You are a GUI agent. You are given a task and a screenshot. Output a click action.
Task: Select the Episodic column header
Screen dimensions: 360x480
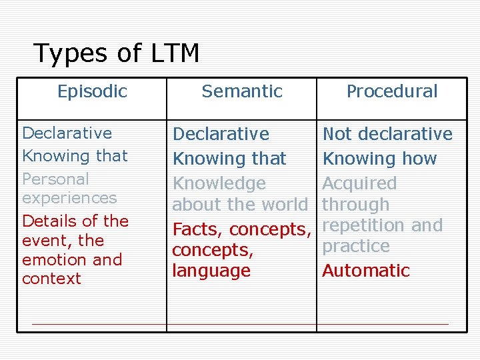coord(92,91)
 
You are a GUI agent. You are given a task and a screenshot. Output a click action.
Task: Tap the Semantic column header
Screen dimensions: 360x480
coord(242,91)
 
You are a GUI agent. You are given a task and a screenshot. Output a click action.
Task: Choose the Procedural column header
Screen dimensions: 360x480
coord(392,91)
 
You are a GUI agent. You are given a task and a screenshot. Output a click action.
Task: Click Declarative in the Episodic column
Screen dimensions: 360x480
coord(67,133)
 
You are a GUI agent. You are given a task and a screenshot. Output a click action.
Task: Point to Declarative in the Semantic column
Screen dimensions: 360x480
coord(221,134)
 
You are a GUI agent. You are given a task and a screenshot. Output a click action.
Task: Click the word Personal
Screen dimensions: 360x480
coord(55,179)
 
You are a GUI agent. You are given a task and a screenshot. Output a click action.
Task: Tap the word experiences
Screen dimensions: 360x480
coord(69,199)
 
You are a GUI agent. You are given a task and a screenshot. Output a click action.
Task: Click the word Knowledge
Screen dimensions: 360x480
coord(219,183)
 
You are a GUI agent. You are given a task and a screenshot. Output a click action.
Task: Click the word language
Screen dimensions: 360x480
coord(211,271)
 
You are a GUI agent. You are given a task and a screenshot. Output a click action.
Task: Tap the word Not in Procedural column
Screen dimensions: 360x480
coord(337,134)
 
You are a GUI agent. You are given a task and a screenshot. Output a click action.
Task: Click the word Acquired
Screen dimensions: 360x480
coord(359,183)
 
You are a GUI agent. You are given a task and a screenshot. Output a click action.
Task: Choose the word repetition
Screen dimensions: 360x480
coord(364,225)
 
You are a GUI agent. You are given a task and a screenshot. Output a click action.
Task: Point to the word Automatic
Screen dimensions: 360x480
coord(366,271)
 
